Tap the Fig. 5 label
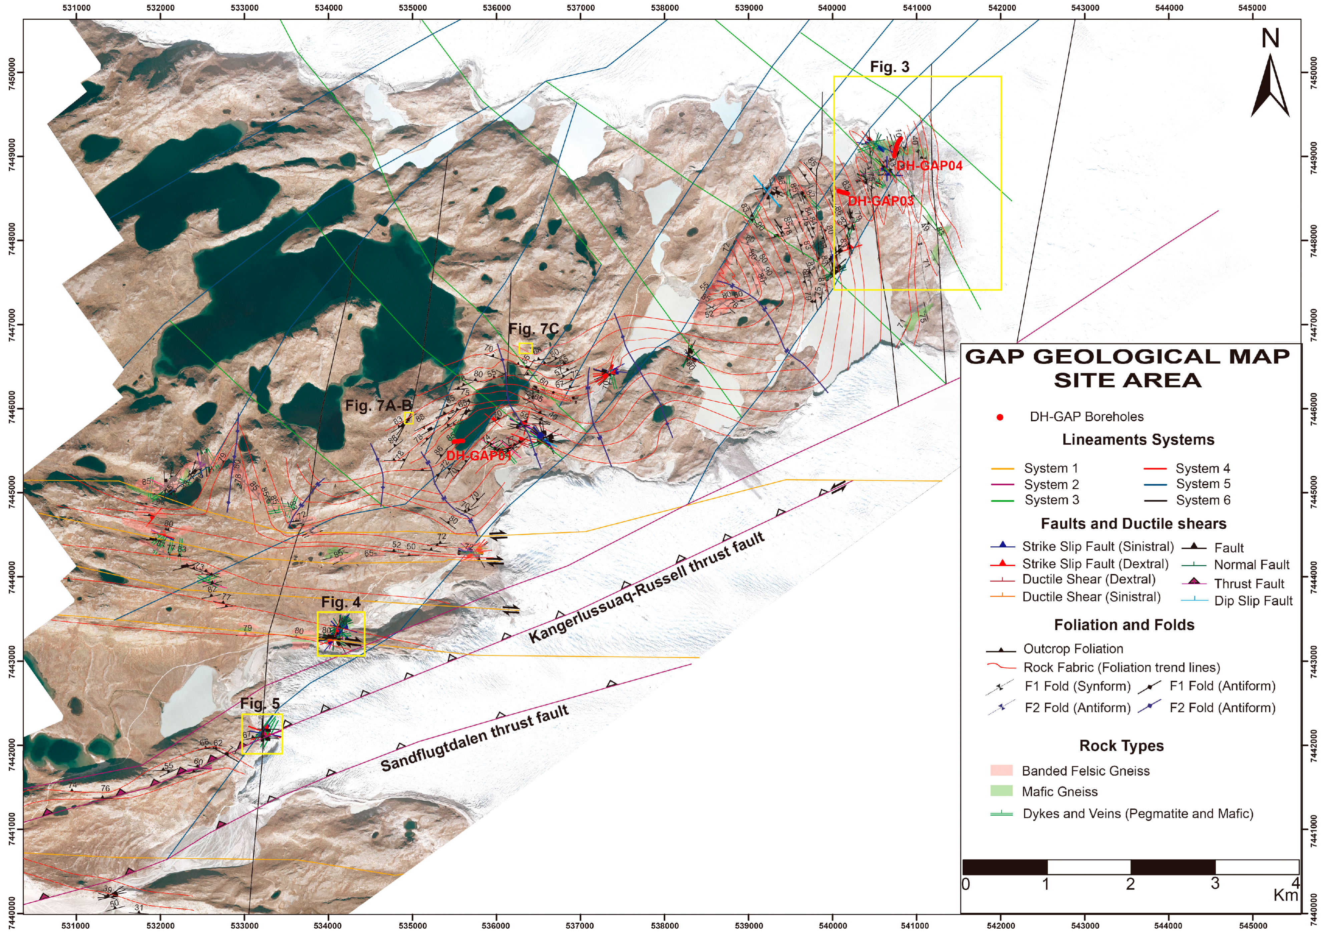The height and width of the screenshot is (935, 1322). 260,704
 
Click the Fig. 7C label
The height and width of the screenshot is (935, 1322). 533,329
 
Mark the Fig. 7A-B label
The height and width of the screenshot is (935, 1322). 378,406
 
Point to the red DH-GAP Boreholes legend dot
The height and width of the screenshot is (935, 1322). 1000,417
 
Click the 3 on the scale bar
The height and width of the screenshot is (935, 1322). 1215,884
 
